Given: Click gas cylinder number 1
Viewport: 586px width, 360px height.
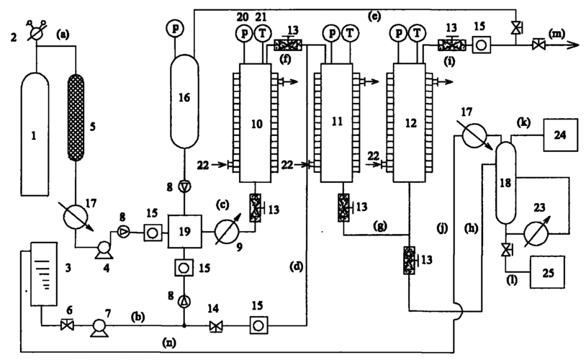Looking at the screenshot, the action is click(35, 134).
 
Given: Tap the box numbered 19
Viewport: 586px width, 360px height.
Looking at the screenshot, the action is click(184, 231).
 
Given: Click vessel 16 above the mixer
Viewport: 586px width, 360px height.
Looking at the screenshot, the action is click(184, 102).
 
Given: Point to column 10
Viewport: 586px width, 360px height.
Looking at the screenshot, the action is click(256, 123).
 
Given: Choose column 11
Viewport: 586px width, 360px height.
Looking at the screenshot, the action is click(336, 123).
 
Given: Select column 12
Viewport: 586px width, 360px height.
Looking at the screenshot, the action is click(409, 123).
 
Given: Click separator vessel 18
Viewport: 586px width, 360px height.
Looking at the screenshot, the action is click(505, 183).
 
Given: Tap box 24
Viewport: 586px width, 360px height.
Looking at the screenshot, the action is click(560, 135).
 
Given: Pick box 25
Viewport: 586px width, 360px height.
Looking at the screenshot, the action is click(548, 272).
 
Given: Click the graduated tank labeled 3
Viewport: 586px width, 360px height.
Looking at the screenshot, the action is click(44, 274).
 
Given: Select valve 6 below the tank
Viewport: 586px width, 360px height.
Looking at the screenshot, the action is click(67, 325).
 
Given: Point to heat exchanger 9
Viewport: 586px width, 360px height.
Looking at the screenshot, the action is click(227, 232).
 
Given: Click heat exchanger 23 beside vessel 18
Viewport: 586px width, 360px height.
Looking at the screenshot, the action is click(536, 234).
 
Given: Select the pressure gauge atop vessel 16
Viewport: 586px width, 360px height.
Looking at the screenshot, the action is click(175, 28).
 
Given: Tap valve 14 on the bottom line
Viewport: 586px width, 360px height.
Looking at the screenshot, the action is click(215, 326).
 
